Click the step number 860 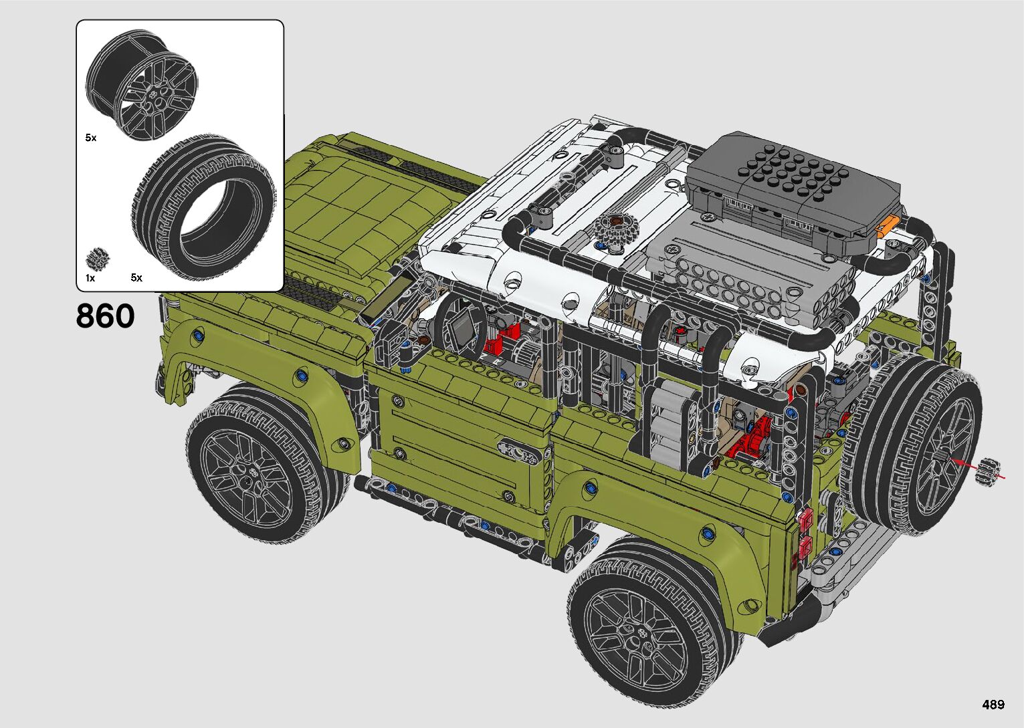click(105, 316)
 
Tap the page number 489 click(993, 704)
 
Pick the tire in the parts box click(204, 207)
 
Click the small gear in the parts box click(97, 258)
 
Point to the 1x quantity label click(90, 278)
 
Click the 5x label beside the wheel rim click(90, 138)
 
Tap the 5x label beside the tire click(136, 277)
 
